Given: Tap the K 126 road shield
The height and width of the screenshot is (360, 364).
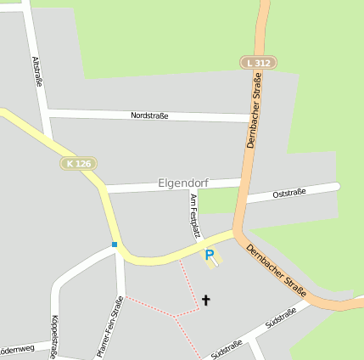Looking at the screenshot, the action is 78,163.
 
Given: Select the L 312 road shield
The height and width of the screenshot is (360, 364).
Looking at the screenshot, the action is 258,63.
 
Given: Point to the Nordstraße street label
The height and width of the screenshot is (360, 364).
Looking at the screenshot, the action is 150,115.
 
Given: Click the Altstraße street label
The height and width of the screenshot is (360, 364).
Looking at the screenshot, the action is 36,72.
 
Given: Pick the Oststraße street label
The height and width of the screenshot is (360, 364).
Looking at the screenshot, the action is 288,194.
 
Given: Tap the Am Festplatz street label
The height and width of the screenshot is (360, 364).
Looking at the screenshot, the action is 194,215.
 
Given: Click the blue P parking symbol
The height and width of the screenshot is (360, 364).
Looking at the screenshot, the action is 210,254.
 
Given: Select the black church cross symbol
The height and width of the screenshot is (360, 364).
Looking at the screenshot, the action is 205,299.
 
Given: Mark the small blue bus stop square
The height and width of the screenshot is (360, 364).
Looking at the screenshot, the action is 115,245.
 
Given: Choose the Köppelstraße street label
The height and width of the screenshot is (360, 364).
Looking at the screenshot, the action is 55,336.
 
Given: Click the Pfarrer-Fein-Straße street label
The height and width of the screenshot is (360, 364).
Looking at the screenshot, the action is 109,326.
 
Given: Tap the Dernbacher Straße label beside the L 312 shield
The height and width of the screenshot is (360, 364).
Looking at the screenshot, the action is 254,110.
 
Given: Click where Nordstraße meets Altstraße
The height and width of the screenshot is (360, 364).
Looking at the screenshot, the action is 48,112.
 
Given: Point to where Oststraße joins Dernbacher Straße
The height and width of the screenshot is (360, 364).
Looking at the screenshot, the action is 242,201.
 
